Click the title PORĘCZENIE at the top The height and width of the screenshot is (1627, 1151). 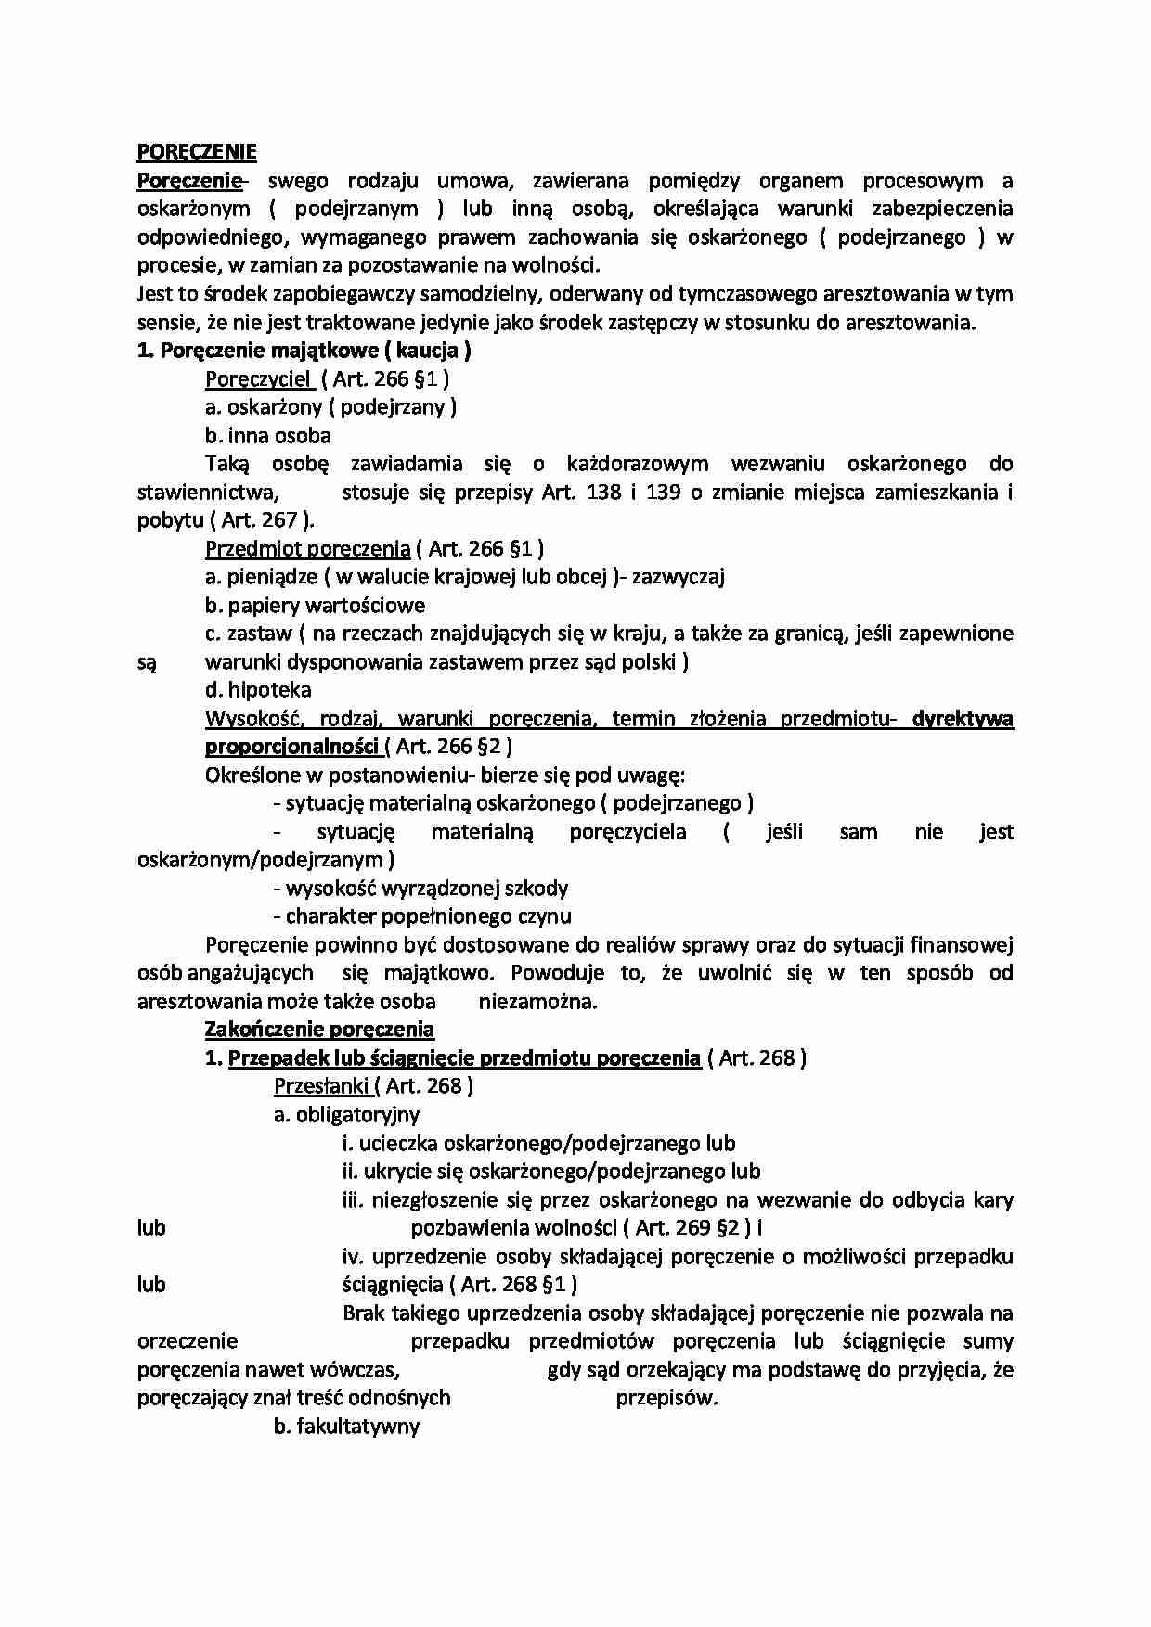pos(197,152)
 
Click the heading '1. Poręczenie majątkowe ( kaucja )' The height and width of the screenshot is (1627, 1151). pos(304,351)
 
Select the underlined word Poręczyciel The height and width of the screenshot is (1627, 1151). pos(259,378)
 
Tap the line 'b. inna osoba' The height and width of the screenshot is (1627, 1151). pos(267,435)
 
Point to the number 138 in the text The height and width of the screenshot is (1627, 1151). pos(604,492)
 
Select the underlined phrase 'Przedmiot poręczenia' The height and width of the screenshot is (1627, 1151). pos(307,548)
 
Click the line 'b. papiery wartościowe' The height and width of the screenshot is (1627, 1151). pos(315,606)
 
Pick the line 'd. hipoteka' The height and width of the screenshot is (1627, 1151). pos(258,690)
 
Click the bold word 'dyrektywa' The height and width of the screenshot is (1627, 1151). pos(963,718)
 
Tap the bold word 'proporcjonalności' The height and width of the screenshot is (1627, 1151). pos(291,747)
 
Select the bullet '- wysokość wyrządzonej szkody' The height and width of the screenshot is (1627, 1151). pos(420,889)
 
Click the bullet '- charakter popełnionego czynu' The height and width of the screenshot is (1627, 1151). pos(422,916)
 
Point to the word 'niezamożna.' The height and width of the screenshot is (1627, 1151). pos(538,1002)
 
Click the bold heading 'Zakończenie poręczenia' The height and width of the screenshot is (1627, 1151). pos(319,1030)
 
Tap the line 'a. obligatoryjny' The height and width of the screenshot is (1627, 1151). pos(346,1115)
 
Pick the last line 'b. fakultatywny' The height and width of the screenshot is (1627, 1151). pos(346,1427)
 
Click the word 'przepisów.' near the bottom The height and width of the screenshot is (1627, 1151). pos(667,1398)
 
